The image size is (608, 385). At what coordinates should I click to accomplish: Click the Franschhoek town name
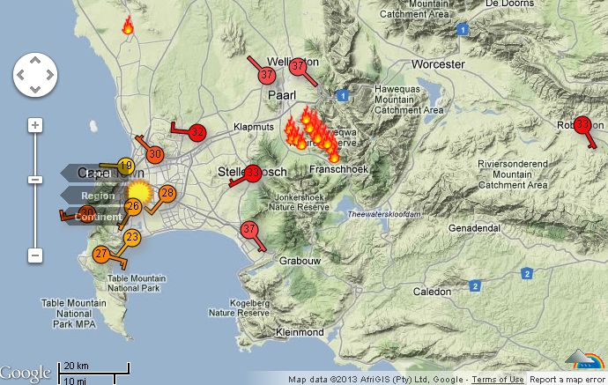point(338,167)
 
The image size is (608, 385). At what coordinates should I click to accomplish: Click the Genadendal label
point(475,227)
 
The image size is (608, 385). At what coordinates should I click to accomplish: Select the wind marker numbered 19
point(125,167)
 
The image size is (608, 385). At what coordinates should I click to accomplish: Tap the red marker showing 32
point(197,132)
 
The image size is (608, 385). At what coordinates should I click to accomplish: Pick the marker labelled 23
point(132,237)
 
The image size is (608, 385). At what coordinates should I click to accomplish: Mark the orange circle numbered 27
point(101,254)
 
